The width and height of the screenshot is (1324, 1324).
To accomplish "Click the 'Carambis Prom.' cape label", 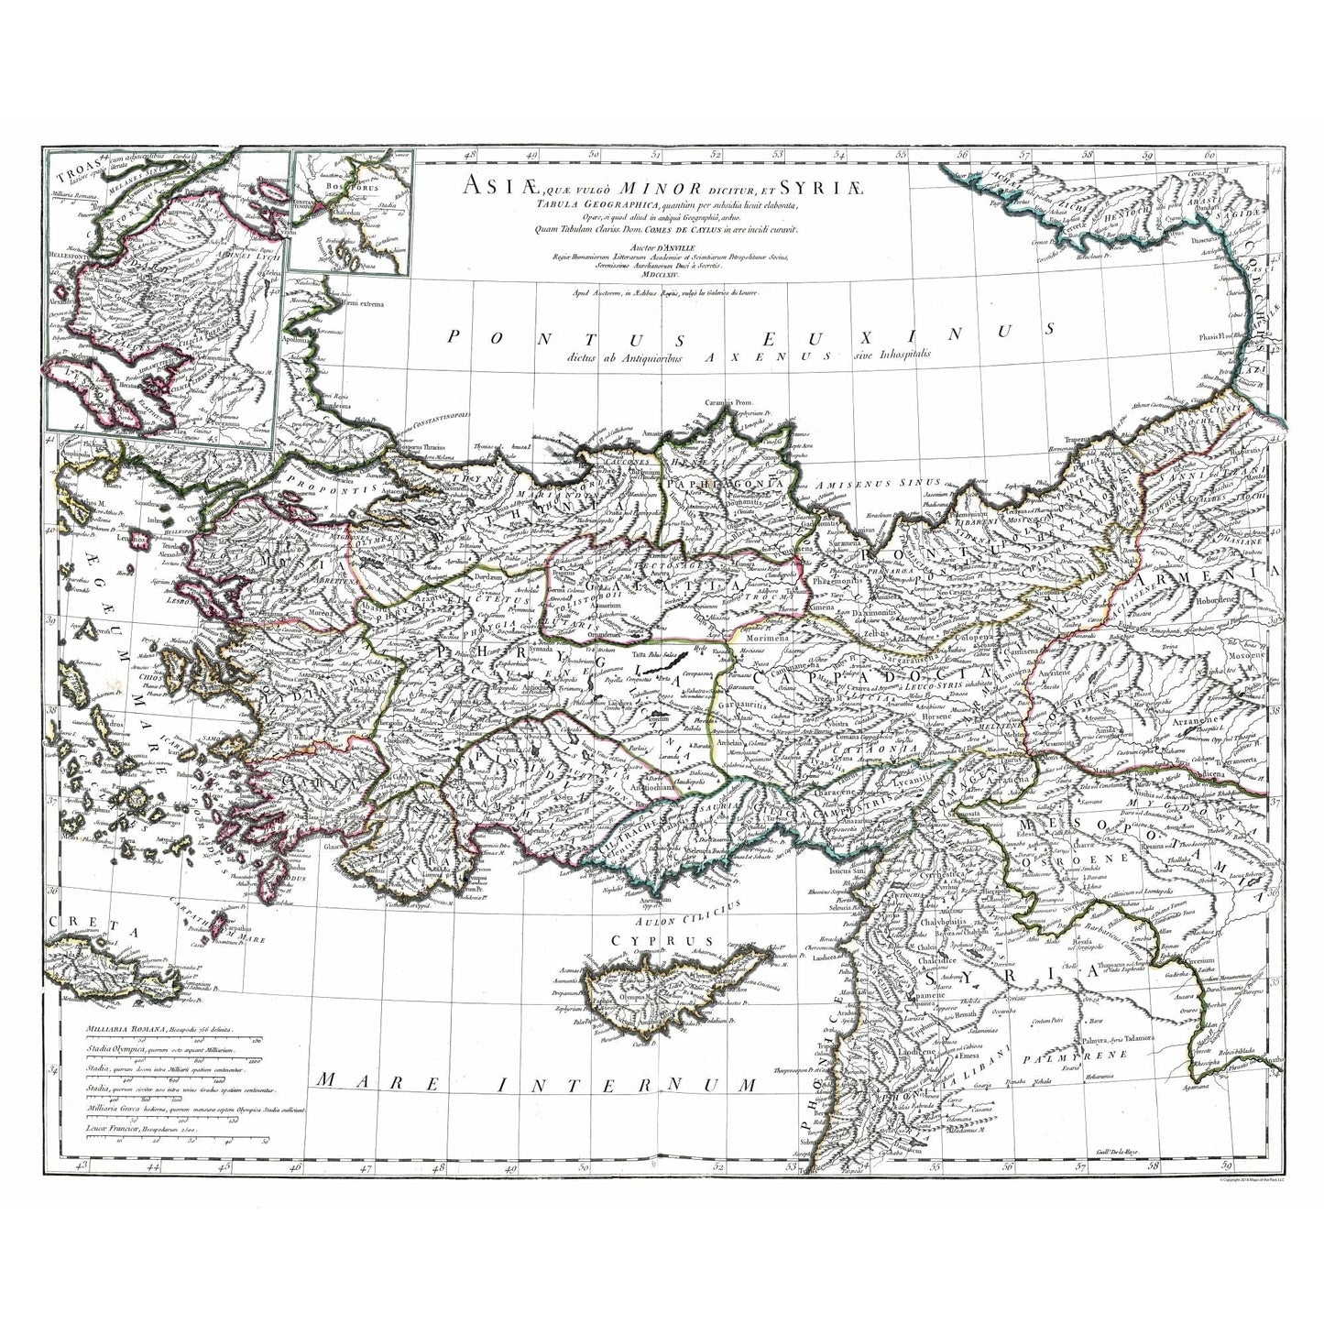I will (729, 402).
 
